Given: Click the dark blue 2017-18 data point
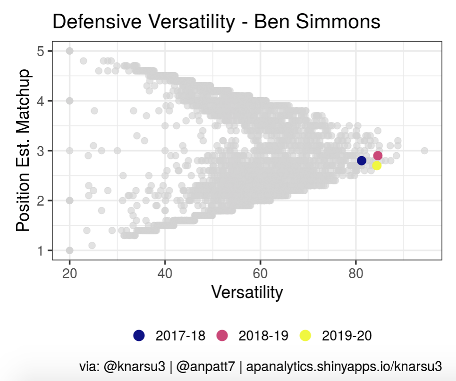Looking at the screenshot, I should click(x=362, y=161).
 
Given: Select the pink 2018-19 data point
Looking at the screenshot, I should click(x=378, y=156).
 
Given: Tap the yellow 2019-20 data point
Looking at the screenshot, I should click(x=377, y=166).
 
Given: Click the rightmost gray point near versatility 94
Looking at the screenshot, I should click(x=424, y=150).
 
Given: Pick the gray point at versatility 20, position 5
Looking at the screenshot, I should click(x=69, y=51).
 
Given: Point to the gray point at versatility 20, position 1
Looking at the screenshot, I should click(x=69, y=250).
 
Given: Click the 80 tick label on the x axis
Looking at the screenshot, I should click(x=356, y=274).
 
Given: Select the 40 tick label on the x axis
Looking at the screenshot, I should click(x=165, y=274).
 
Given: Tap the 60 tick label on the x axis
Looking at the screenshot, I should click(x=260, y=274).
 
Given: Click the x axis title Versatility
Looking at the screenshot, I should click(x=247, y=293).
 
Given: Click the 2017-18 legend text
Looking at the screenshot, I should click(x=180, y=336).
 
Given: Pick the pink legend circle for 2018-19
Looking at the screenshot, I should click(x=222, y=335).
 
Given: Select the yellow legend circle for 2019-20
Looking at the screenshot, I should click(x=305, y=335).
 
